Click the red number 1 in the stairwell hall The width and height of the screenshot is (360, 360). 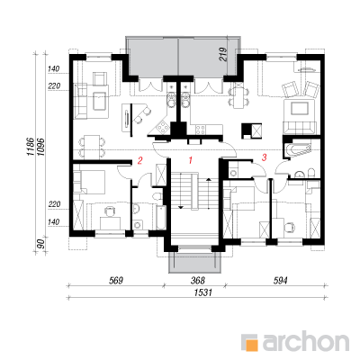pos(190,161)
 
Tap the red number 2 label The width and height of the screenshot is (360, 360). pos(139,161)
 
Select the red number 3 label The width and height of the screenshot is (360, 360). pos(264,157)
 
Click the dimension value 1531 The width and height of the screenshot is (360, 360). pos(202,292)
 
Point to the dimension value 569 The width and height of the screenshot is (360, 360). pos(116,281)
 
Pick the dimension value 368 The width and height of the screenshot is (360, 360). pos(198,281)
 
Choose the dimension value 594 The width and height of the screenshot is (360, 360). pos(280,281)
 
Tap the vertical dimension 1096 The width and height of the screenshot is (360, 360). pos(41,146)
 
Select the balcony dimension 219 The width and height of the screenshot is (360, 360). pos(223,54)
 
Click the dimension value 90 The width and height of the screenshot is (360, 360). pos(41,244)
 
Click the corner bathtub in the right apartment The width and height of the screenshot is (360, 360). pos(297,149)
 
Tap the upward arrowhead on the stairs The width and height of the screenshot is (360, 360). pos(209,180)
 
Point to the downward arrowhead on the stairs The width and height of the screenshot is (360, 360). pos(181,207)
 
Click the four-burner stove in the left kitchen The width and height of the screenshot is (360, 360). pos(161,127)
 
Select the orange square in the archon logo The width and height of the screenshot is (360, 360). pos(252,344)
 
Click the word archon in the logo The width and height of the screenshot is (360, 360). pos(306,340)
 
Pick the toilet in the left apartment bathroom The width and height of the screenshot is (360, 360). pos(157,197)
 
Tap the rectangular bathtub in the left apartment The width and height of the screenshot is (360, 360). pos(161,218)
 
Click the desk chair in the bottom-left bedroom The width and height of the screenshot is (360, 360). pos(109,211)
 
